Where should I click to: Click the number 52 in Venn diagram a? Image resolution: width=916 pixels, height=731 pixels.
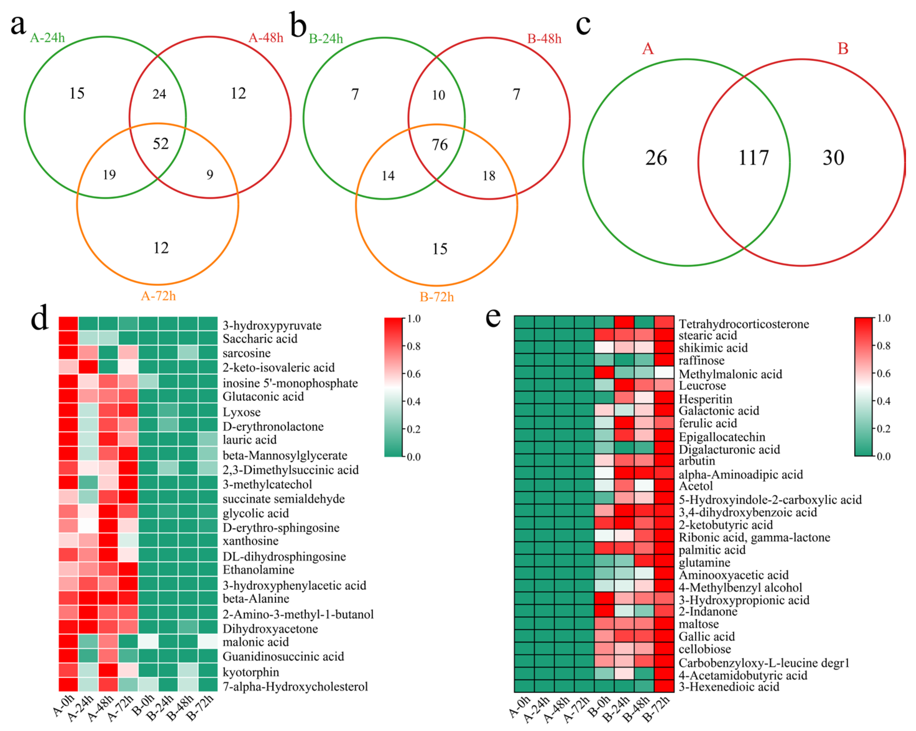click(161, 144)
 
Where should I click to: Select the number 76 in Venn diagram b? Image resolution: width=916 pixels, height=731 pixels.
click(440, 145)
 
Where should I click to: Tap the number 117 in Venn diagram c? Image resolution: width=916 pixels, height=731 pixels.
click(753, 158)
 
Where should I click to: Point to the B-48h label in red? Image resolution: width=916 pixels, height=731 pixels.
click(544, 39)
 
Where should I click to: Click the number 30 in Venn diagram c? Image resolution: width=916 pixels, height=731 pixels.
click(833, 158)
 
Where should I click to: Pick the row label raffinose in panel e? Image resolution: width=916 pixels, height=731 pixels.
click(701, 361)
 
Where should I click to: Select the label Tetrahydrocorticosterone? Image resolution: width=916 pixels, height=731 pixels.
click(743, 324)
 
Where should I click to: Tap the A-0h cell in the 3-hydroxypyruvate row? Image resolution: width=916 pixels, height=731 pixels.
click(68, 324)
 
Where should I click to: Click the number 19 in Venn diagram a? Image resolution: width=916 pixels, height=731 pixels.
click(109, 175)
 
